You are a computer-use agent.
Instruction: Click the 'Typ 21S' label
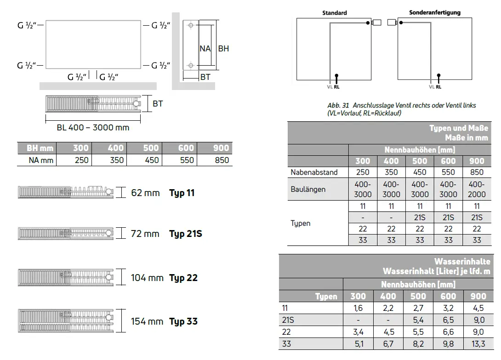pyautogui.click(x=186, y=234)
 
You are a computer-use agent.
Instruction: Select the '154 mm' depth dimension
pyautogui.click(x=147, y=321)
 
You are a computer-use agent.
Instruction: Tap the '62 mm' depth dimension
pyautogui.click(x=145, y=193)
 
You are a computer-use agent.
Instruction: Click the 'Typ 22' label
pyautogui.click(x=183, y=278)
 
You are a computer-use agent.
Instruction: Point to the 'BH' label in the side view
pyautogui.click(x=223, y=49)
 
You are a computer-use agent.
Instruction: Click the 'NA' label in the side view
pyautogui.click(x=205, y=49)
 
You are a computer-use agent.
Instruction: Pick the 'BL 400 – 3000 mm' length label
pyautogui.click(x=93, y=128)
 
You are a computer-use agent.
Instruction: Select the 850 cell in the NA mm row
pyautogui.click(x=222, y=160)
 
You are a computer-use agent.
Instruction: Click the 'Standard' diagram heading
pyautogui.click(x=335, y=13)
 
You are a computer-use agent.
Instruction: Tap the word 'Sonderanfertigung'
pyautogui.click(x=435, y=12)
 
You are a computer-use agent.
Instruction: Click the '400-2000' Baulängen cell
pyautogui.click(x=477, y=189)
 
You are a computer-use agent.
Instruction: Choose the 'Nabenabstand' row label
pyautogui.click(x=314, y=172)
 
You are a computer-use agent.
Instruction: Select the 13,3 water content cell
pyautogui.click(x=478, y=344)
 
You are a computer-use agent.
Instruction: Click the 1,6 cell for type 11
pyautogui.click(x=358, y=308)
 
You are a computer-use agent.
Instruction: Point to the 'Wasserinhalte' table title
pyautogui.click(x=462, y=261)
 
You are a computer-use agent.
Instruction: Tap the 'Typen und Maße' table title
pyautogui.click(x=459, y=128)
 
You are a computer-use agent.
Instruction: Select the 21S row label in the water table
pyautogui.click(x=288, y=320)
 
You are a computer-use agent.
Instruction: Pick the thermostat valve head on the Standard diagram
pyautogui.click(x=377, y=22)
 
